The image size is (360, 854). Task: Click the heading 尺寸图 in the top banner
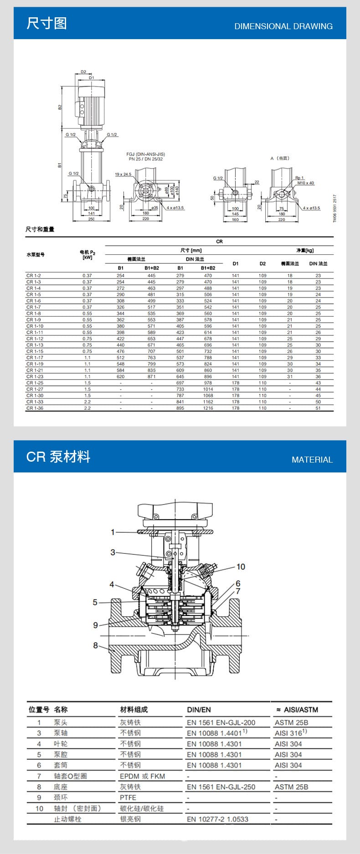(x=46, y=23)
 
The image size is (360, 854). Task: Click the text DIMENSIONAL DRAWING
(x=283, y=26)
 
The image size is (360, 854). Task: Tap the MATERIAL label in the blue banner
(x=312, y=460)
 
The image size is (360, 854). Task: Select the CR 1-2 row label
(x=33, y=276)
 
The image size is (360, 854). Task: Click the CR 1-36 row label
(x=35, y=408)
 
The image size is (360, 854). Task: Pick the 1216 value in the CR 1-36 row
(x=208, y=408)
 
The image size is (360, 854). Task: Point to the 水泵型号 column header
(x=36, y=255)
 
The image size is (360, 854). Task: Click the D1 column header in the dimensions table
(x=235, y=263)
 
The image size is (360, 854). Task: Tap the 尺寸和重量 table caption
(x=40, y=229)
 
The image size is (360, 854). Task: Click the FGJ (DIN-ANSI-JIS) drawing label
(x=144, y=154)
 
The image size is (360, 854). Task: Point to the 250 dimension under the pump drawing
(x=91, y=219)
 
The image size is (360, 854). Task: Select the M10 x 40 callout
(x=306, y=183)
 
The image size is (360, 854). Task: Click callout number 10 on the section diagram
(x=241, y=566)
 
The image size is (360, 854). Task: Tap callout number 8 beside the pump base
(x=96, y=645)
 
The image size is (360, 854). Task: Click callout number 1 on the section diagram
(x=113, y=532)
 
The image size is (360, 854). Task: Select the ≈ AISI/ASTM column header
(x=297, y=710)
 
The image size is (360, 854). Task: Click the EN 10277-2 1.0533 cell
(x=217, y=819)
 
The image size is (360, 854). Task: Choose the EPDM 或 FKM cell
(x=142, y=776)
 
